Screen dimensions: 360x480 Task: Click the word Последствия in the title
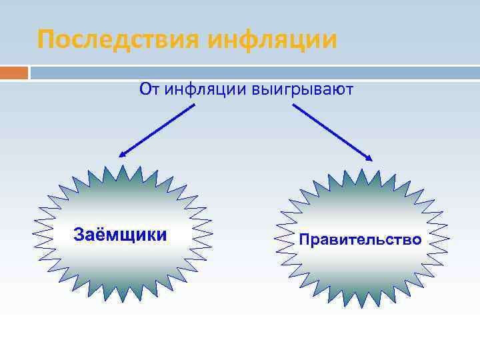119,39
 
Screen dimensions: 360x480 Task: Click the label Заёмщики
120,235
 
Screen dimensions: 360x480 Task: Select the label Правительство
360,239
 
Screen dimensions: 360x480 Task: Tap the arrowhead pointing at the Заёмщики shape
122,155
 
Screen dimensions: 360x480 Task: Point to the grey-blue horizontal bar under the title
253,72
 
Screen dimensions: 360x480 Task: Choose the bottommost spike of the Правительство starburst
361,309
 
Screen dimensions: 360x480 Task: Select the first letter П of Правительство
305,239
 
